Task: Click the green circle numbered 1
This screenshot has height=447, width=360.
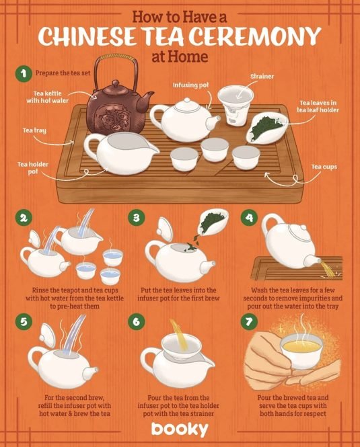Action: (23, 74)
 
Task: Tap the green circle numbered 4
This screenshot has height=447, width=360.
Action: (249, 218)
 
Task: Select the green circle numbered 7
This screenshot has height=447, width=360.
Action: (249, 321)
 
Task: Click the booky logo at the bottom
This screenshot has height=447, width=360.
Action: (180, 429)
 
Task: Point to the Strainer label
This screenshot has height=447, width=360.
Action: (262, 77)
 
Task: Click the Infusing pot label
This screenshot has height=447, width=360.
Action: (190, 85)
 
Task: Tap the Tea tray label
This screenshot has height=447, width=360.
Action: (34, 130)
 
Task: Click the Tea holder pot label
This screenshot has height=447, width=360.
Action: (33, 168)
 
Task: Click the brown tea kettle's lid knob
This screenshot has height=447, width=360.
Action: (115, 84)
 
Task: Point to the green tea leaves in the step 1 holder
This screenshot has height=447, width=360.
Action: (265, 127)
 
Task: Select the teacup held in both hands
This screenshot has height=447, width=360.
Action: (301, 351)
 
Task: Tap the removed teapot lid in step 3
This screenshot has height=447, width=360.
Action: (165, 229)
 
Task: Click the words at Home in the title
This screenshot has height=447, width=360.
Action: (180, 56)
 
